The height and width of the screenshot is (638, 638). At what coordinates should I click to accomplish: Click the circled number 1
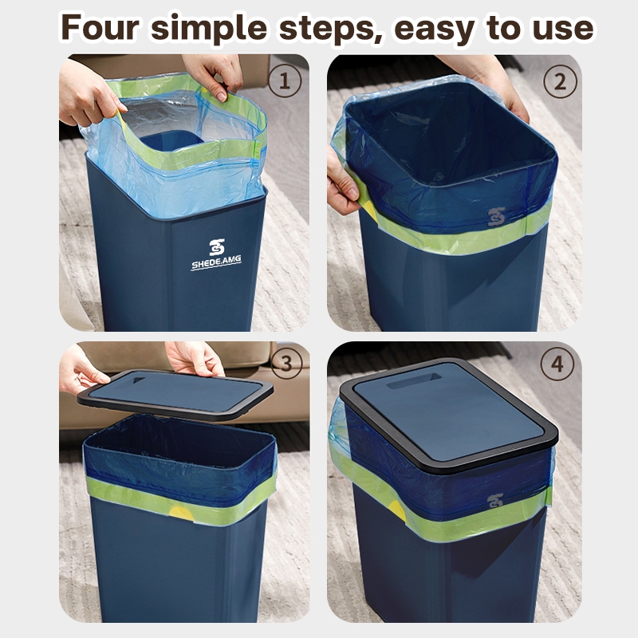tap(285, 81)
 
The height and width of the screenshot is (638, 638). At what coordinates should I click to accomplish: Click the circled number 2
tap(561, 82)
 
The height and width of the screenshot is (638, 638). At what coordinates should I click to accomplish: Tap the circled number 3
tap(286, 364)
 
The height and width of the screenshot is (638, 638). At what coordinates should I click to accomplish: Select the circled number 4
tap(557, 364)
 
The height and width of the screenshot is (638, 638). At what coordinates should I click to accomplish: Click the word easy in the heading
tap(434, 30)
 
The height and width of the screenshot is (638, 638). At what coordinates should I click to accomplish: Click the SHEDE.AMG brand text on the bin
tap(216, 262)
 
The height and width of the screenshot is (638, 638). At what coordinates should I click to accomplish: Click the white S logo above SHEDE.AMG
tap(217, 247)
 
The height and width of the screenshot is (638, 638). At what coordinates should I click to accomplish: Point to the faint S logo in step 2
tap(496, 217)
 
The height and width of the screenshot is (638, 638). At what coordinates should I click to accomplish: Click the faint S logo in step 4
tap(494, 501)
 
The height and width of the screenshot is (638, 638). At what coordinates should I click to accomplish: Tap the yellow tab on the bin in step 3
tap(181, 512)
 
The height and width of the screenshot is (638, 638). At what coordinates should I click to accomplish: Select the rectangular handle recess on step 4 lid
tap(414, 380)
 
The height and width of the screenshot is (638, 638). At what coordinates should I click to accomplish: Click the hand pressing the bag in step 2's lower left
tap(343, 182)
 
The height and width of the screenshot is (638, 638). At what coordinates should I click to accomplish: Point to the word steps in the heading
tap(330, 29)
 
